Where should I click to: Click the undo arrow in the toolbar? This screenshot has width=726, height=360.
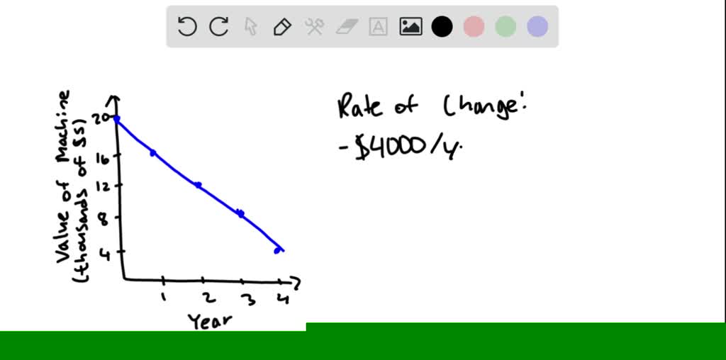pos(187,27)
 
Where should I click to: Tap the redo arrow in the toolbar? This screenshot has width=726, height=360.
pos(219,27)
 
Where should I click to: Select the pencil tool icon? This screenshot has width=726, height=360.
pos(282,27)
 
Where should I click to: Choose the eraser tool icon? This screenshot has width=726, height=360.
pos(347,27)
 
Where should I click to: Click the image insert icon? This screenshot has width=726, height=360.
pos(411,27)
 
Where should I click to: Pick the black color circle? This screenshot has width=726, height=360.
pos(442,27)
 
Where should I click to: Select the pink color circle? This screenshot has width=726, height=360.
pos(474,27)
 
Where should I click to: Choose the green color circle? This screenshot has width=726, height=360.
pos(506,27)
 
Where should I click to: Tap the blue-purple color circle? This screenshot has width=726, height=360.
pos(537,27)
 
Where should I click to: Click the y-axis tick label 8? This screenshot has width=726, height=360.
pos(104,220)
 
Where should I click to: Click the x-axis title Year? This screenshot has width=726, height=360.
pos(210,321)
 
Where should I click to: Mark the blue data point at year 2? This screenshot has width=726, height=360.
pos(199,185)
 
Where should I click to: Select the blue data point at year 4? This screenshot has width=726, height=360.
pos(277,250)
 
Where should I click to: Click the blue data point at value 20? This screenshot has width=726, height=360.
pos(117,119)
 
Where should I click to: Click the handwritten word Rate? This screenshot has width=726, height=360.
pos(359,107)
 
